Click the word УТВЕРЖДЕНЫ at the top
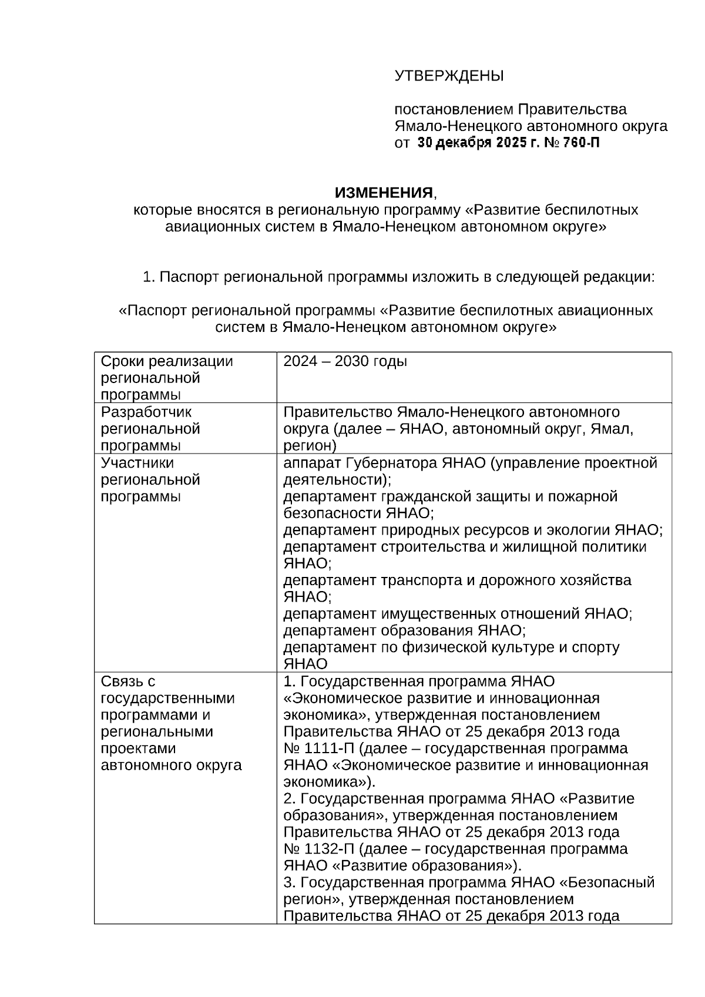(x=449, y=76)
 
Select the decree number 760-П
(x=581, y=143)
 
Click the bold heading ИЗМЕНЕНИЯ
(x=384, y=193)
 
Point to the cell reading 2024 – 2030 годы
(x=345, y=361)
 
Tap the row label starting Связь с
(x=127, y=682)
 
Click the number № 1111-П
(x=320, y=749)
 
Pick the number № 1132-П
(x=320, y=850)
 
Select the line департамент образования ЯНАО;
(x=404, y=631)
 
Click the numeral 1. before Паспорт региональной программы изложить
(x=149, y=277)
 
